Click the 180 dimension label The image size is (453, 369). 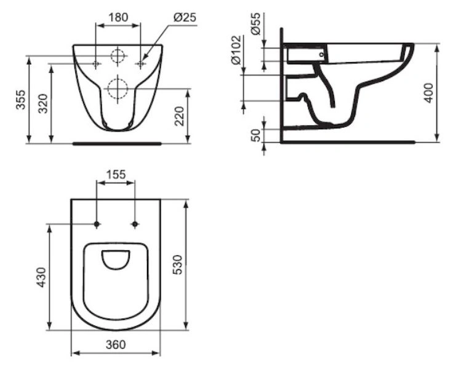(x=118, y=17)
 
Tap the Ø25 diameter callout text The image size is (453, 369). (x=185, y=17)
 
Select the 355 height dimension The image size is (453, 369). (x=20, y=100)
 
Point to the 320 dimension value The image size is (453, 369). (x=43, y=103)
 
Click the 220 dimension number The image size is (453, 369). (x=179, y=116)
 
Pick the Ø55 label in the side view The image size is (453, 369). (x=255, y=23)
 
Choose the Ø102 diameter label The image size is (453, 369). (x=236, y=50)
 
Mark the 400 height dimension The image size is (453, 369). (x=429, y=93)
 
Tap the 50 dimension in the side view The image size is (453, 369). (x=255, y=135)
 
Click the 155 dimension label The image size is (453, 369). (x=116, y=175)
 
